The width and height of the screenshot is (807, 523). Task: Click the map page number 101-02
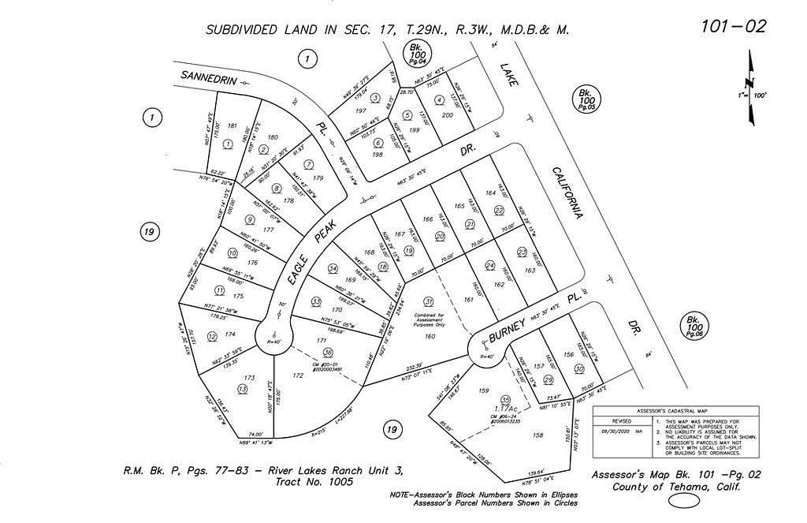[732, 27]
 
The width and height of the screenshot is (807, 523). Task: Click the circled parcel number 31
[429, 301]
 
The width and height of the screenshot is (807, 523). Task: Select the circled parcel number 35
[506, 399]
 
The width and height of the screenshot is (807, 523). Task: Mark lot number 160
[430, 337]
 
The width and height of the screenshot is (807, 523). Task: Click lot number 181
[232, 126]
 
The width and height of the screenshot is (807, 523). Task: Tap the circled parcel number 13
[242, 389]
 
